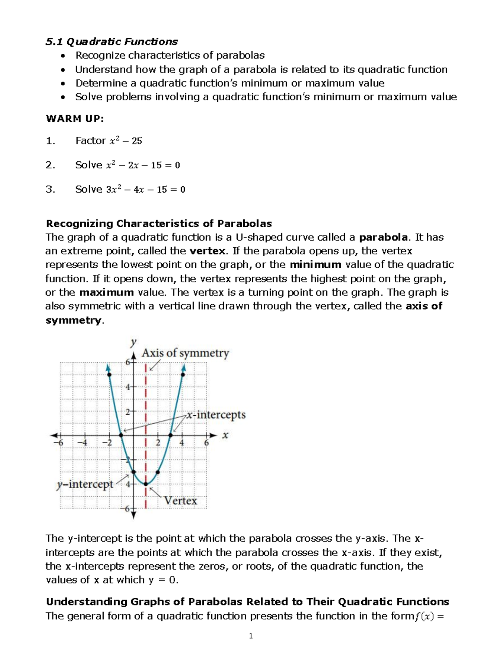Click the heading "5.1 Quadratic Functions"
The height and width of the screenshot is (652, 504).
tap(112, 42)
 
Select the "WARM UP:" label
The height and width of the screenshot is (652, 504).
tap(74, 119)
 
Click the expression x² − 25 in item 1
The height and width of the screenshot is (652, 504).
tap(126, 141)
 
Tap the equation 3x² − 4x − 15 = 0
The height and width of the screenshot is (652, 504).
tap(146, 190)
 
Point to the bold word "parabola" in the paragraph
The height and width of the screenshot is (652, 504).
tap(383, 237)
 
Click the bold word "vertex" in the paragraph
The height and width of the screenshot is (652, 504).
tap(207, 251)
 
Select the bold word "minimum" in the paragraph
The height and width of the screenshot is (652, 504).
tap(315, 265)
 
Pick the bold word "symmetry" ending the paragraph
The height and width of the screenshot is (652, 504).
tap(73, 320)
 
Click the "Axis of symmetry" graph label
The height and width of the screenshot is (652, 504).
tap(185, 353)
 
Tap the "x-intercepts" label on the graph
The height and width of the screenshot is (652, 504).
tap(216, 415)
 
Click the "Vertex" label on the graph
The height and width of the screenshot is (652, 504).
tap(180, 501)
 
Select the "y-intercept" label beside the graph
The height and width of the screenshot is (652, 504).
tap(85, 484)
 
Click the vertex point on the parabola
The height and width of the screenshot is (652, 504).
tap(146, 484)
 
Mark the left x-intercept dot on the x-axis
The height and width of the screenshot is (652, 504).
tap(121, 435)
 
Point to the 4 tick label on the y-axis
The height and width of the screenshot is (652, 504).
tap(128, 387)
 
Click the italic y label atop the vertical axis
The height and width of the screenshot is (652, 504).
tap(134, 342)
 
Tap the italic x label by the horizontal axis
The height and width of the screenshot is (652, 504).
tap(225, 435)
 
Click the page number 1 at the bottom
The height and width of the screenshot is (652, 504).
tap(251, 636)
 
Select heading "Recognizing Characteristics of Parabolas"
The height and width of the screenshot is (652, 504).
tap(159, 223)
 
